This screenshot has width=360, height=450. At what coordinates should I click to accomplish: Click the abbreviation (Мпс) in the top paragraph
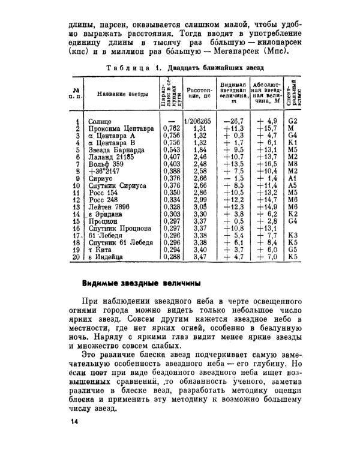tap(275, 51)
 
